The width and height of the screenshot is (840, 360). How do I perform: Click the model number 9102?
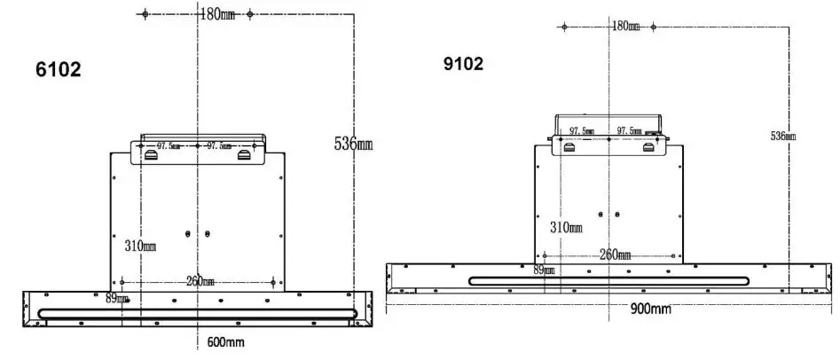463,64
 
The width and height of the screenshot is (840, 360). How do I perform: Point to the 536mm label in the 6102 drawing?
352,144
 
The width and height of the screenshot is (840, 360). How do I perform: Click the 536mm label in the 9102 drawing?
782,136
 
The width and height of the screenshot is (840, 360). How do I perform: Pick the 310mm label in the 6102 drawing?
139,245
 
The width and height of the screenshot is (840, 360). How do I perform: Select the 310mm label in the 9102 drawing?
565,228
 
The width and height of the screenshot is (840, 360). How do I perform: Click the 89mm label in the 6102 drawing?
117,299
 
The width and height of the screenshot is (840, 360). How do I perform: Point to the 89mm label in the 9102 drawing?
544,270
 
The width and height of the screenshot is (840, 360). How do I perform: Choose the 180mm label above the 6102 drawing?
217,14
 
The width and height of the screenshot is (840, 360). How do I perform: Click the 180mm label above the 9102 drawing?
624,26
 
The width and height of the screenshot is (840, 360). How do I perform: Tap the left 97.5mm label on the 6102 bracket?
169,145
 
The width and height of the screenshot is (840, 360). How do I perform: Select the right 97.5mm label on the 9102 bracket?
630,130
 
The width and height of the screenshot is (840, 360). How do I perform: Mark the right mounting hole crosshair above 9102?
654,27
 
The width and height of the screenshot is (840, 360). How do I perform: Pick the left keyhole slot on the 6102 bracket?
152,156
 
